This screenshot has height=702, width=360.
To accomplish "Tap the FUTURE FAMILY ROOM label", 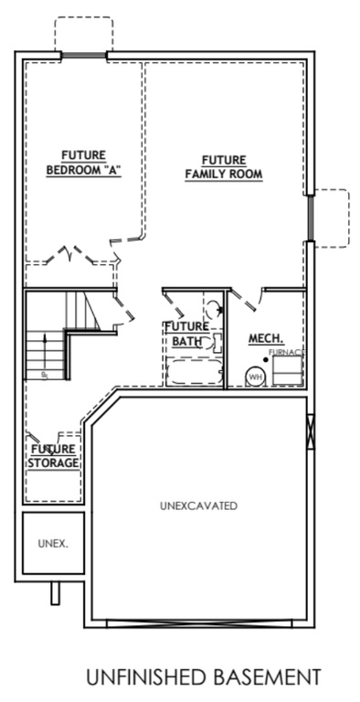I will pos(224,165).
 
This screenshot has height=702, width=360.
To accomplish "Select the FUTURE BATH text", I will pos(187,334).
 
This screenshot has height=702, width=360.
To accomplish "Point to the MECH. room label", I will pos(265,338).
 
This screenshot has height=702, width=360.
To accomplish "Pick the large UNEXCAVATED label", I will pos(198,505).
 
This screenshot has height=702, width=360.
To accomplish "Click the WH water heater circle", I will pos(255,376).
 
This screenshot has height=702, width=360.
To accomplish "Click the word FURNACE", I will pos(286,352).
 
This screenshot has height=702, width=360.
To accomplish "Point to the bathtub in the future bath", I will pos(191,373).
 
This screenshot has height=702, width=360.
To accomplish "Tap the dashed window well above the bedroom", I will pos(83,35).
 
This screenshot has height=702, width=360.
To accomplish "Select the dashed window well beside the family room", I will pos(331,217).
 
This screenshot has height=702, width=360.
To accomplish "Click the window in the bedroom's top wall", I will pos(84,56).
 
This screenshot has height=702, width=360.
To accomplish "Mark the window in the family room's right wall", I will pos(311,218).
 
